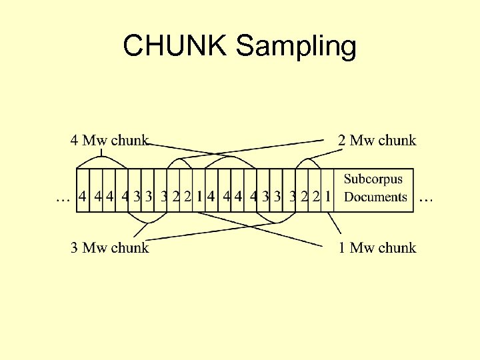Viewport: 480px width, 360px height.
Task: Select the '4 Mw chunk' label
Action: (x=109, y=140)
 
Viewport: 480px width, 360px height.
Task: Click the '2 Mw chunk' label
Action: (x=377, y=140)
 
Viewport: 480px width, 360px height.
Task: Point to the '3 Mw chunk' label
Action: (x=109, y=248)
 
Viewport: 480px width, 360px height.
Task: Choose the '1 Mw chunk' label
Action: (x=377, y=248)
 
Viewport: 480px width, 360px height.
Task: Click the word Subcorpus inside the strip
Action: (x=373, y=179)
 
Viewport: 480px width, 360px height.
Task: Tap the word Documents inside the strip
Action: (x=375, y=197)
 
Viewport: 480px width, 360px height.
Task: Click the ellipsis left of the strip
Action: (x=63, y=197)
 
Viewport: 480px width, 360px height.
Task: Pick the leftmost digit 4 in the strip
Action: (x=82, y=197)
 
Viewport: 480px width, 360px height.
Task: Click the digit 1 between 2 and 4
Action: (x=200, y=197)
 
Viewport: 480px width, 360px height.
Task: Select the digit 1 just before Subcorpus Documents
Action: (x=328, y=197)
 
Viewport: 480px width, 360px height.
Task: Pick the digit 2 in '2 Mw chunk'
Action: (x=343, y=140)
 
